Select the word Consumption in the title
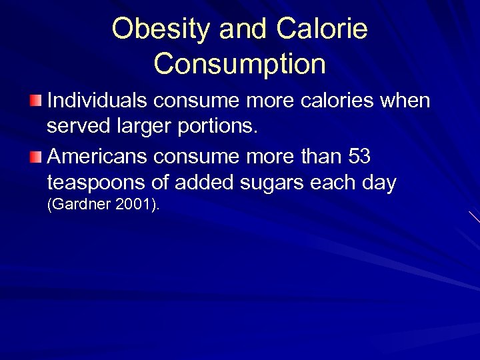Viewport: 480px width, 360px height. [x=240, y=63]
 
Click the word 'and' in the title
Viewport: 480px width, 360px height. [x=237, y=29]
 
